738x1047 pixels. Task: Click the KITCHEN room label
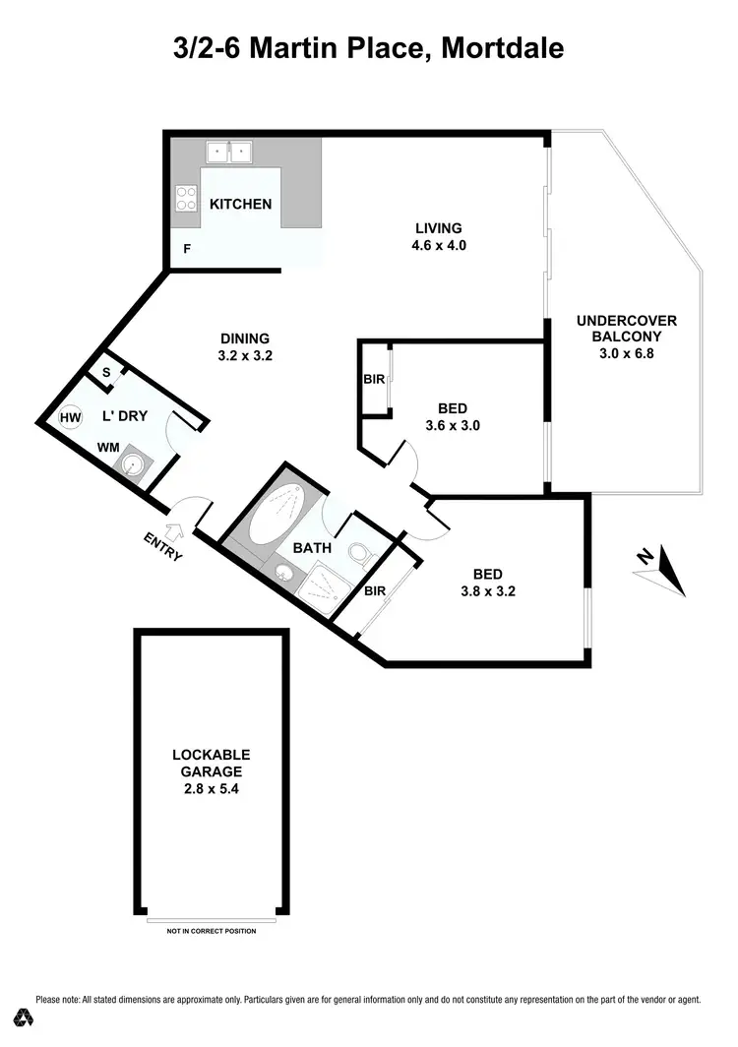pyautogui.click(x=240, y=205)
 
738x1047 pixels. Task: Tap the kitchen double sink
pyautogui.click(x=228, y=153)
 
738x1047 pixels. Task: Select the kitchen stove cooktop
pyautogui.click(x=185, y=198)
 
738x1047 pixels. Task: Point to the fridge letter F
pyautogui.click(x=186, y=250)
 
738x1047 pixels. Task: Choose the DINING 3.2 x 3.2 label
pyautogui.click(x=245, y=347)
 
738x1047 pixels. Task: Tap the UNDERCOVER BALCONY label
pyautogui.click(x=627, y=337)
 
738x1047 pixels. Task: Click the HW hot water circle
pyautogui.click(x=70, y=417)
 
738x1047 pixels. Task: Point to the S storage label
pyautogui.click(x=107, y=373)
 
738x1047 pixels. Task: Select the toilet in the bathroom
pyautogui.click(x=359, y=554)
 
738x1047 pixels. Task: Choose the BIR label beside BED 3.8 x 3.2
pyautogui.click(x=375, y=591)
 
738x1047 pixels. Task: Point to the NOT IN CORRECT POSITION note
pyautogui.click(x=212, y=930)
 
